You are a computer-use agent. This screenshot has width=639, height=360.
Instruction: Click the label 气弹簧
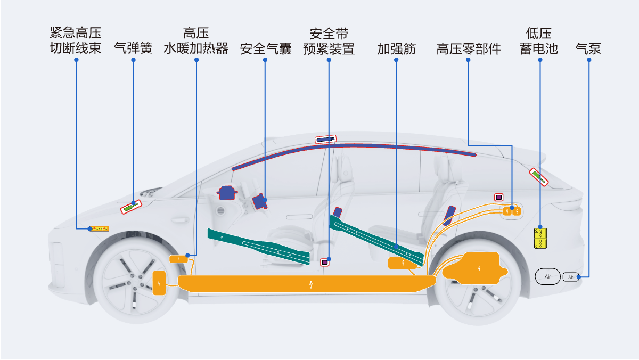coord(133,48)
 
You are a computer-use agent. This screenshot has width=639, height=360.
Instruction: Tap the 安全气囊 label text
coord(266,49)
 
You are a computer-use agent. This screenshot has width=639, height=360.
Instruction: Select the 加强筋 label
coord(396,49)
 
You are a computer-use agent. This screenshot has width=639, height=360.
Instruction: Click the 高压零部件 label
coord(469,49)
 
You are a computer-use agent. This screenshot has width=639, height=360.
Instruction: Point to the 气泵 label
coord(588,49)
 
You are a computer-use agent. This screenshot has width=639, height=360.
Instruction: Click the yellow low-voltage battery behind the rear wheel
coord(540,238)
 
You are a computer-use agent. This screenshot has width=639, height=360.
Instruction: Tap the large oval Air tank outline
coord(547,276)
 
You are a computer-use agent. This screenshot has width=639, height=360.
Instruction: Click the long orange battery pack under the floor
coord(307,284)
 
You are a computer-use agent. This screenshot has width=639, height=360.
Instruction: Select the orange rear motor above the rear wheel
coord(475,268)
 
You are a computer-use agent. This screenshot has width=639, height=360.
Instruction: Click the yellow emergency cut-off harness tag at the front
coord(99,229)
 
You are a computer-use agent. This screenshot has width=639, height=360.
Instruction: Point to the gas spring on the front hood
coord(131,207)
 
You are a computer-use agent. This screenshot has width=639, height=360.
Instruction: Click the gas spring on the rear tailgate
coord(538,177)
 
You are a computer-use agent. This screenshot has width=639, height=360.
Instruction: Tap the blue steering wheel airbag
coord(227,193)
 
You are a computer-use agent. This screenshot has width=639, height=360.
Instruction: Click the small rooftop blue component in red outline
coord(325,139)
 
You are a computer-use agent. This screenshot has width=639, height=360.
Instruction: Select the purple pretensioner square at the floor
coord(325,262)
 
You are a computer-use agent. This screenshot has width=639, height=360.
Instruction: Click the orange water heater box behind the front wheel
coord(178,259)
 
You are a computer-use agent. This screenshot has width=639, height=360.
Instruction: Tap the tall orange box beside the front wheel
coord(159,283)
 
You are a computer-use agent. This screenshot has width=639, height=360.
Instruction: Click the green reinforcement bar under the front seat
coord(258,246)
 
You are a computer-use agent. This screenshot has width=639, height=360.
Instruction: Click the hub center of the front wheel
coord(136,282)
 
